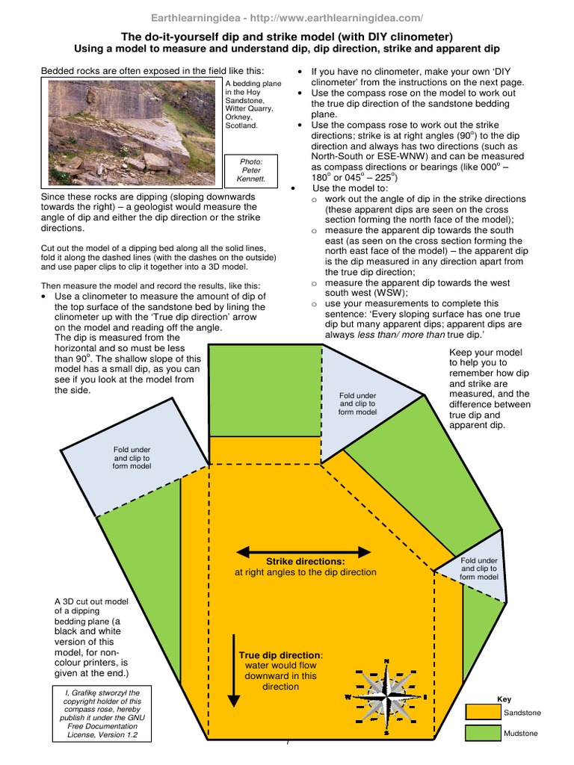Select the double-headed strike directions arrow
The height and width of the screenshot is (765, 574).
pos(303,552)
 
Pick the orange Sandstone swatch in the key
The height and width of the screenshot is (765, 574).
pos(481,712)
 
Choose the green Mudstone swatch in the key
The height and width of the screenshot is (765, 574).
pos(481,734)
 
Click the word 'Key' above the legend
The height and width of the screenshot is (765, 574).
pos(504,699)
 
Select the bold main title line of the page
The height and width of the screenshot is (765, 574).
pos(287,36)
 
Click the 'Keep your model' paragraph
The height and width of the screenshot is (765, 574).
pos(490,388)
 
